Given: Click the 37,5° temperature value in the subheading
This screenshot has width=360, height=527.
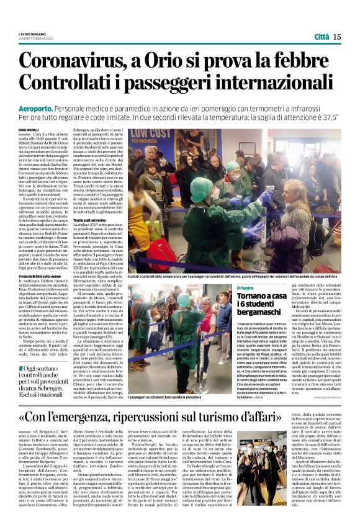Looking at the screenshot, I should (330, 117).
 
